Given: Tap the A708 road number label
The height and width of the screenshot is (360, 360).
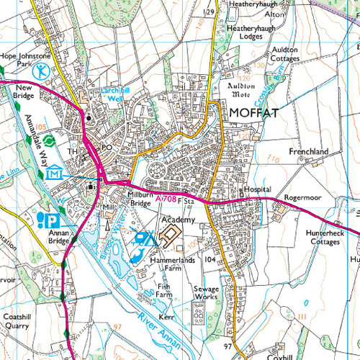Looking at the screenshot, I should click(165, 197).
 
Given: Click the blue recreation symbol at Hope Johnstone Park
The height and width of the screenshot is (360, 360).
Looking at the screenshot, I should click(44, 71).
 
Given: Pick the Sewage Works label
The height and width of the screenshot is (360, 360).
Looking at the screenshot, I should click(206, 292).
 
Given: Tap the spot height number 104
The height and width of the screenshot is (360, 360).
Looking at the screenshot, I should click(210, 258).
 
